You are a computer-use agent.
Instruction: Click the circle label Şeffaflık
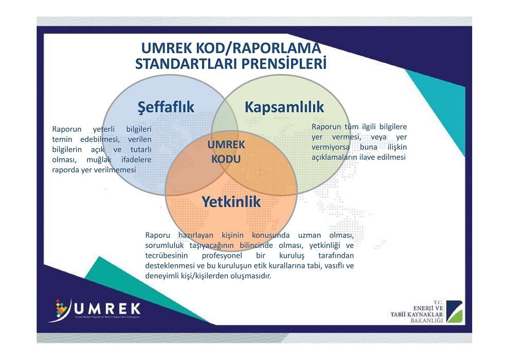(166, 107)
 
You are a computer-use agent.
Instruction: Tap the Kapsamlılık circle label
(284, 107)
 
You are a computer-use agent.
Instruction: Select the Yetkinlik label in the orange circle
(231, 202)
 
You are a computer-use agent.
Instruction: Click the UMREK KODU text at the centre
(226, 152)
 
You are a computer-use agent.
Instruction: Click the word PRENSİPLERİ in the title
(283, 64)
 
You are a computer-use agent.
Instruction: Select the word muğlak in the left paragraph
(99, 160)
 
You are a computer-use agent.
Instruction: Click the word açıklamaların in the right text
(334, 157)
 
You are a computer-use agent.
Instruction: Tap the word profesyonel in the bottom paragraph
(222, 256)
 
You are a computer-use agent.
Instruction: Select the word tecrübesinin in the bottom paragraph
(167, 256)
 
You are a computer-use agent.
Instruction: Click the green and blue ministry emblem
(454, 312)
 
